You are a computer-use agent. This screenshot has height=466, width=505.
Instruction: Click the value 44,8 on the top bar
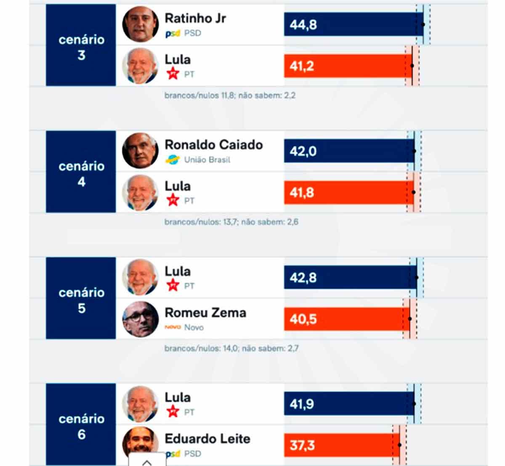pyautogui.click(x=303, y=25)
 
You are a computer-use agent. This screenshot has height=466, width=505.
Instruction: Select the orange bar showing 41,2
pyautogui.click(x=348, y=66)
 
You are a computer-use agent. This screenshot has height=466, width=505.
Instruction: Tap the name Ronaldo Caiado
pyautogui.click(x=214, y=145)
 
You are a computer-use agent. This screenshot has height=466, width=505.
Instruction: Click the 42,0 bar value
pyautogui.click(x=303, y=151)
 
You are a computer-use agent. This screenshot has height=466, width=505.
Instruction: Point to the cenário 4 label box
pyautogui.click(x=81, y=172)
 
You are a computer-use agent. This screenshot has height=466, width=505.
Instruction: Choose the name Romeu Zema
pyautogui.click(x=205, y=313)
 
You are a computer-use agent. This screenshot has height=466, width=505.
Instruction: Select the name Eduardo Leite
pyautogui.click(x=207, y=439)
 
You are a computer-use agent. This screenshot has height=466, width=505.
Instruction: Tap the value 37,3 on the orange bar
pyautogui.click(x=302, y=445)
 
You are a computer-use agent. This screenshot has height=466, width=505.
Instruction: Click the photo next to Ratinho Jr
pyautogui.click(x=141, y=24)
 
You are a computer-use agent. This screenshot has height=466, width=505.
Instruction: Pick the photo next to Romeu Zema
pyautogui.click(x=141, y=319)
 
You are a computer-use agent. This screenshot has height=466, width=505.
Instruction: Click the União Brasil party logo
pyautogui.click(x=173, y=160)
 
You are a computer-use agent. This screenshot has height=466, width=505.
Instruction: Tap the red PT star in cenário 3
pyautogui.click(x=173, y=74)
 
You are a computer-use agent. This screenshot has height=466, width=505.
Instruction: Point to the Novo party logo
pyautogui.click(x=173, y=327)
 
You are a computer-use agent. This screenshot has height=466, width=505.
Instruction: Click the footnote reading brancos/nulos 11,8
pyautogui.click(x=230, y=96)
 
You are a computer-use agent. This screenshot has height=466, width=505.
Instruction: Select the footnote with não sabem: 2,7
pyautogui.click(x=231, y=349)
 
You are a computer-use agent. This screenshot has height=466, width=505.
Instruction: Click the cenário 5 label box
pyautogui.click(x=81, y=298)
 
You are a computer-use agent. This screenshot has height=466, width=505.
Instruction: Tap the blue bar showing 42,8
pyautogui.click(x=349, y=278)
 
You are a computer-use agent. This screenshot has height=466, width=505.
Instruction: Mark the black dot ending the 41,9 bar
pyautogui.click(x=414, y=404)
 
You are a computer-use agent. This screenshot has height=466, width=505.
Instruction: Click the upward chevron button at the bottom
pyautogui.click(x=147, y=462)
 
